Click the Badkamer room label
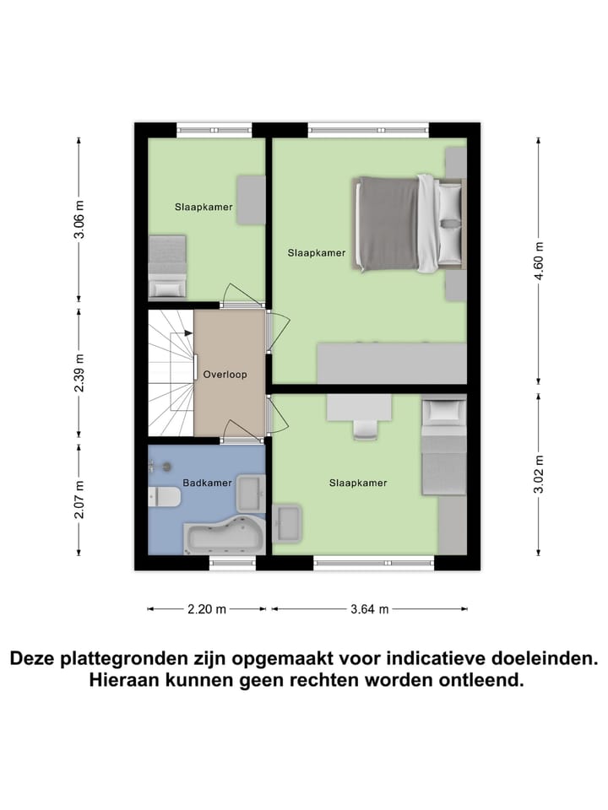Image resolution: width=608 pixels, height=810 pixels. point(208,483)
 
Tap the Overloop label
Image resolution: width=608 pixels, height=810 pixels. point(225,375)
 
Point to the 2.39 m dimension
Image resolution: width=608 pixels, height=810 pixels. point(79,375)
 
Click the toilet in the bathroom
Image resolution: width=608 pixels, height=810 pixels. point(164,498)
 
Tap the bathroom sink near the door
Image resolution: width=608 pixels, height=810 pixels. point(250,489)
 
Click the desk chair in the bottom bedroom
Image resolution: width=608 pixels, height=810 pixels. point(365,429)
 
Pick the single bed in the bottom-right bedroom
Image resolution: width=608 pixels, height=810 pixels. point(443,447)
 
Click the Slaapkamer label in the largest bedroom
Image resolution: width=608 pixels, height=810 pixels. point(316,252)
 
